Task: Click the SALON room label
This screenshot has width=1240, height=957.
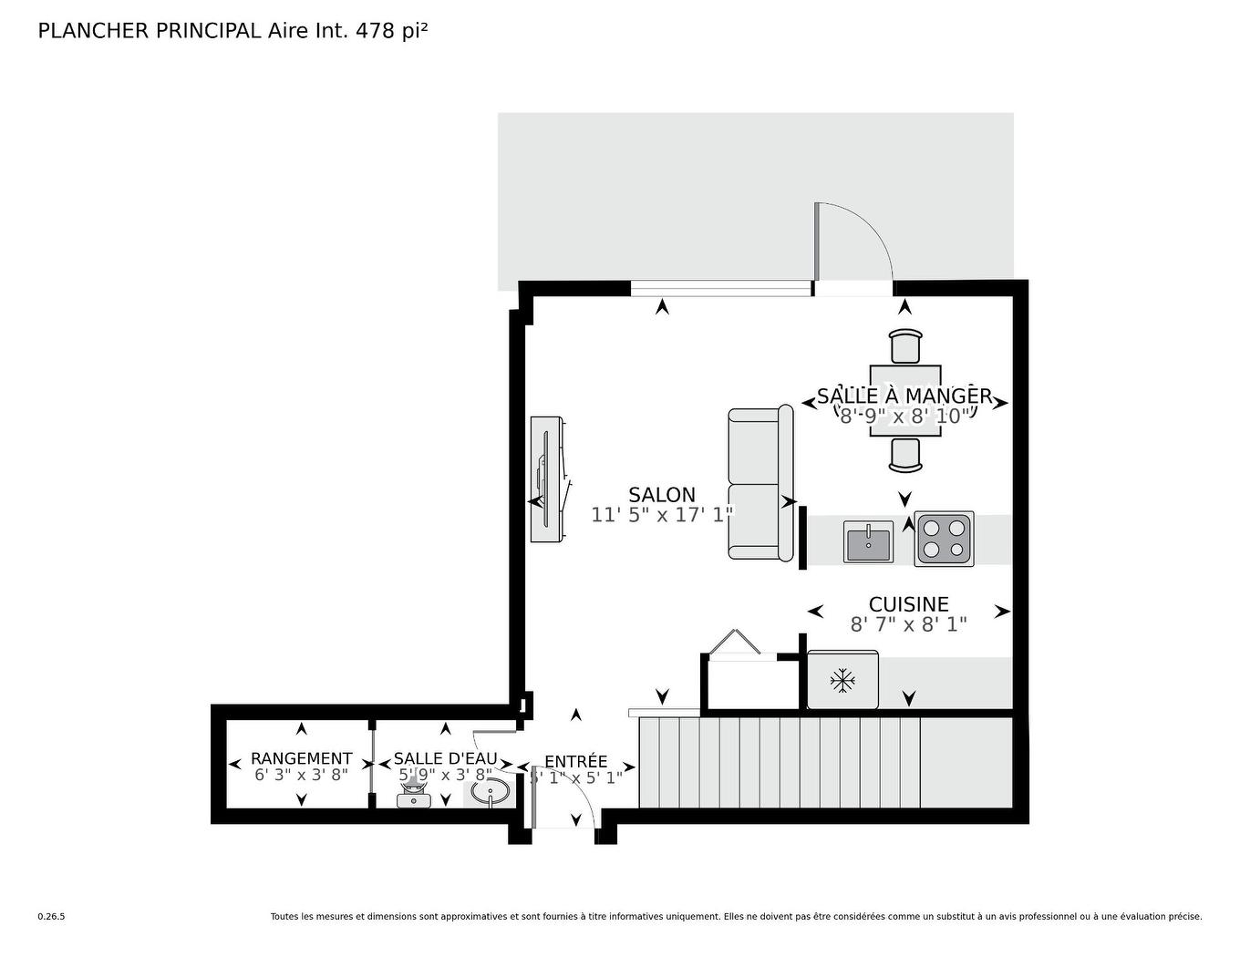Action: (x=661, y=495)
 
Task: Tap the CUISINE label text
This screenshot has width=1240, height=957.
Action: (x=908, y=604)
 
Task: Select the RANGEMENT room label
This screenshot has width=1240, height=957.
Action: (x=301, y=758)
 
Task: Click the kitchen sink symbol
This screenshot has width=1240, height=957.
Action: (x=868, y=541)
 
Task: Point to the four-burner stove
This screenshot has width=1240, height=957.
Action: (x=944, y=540)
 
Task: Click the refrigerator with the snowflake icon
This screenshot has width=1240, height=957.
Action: (x=842, y=680)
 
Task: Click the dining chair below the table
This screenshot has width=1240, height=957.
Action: (x=904, y=455)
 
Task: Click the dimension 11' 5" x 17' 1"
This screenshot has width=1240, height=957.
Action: (x=662, y=515)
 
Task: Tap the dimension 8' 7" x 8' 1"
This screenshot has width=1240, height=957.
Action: (x=908, y=624)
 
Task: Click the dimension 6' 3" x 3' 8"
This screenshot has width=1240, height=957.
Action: (x=301, y=776)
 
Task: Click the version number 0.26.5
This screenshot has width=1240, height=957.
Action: (x=51, y=917)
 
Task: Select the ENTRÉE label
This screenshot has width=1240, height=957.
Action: (x=575, y=762)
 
